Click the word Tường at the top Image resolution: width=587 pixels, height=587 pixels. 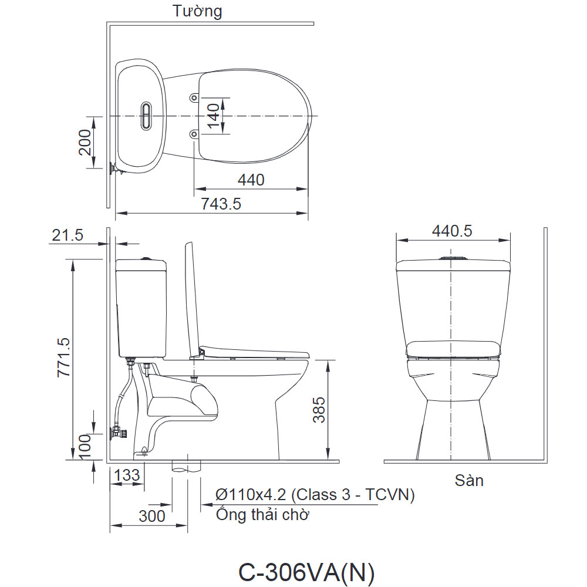click(197, 11)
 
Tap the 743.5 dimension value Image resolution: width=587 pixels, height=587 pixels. click(221, 204)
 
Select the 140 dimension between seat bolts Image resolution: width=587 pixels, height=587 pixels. click(214, 116)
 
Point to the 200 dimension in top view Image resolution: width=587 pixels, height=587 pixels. click(85, 142)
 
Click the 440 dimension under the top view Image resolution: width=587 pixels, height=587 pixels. click(251, 180)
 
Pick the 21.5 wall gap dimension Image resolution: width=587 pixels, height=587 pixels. click(68, 235)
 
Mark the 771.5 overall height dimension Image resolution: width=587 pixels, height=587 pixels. click(63, 357)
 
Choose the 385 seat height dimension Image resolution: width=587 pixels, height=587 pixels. click(319, 410)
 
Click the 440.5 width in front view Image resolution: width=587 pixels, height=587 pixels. click(452, 231)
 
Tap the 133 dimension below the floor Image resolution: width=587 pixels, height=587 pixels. click(127, 475)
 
